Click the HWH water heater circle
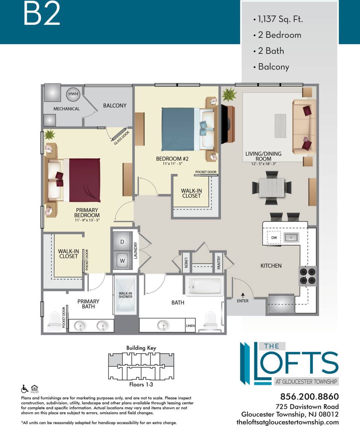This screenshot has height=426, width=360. [x=72, y=94]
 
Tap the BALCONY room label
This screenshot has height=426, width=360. [x=115, y=106]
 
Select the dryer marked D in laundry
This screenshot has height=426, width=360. [x=122, y=242]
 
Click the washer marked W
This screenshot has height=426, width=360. [x=122, y=261]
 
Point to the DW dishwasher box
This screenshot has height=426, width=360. [x=274, y=238]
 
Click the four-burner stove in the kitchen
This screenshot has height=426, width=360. [x=308, y=276]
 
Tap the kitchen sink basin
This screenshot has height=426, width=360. [x=291, y=238]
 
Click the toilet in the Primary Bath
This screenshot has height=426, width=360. [x=55, y=319]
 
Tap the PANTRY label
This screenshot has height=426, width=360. [x=219, y=262]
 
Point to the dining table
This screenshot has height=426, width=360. [x=272, y=187]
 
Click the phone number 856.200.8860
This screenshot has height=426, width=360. [x=309, y=396]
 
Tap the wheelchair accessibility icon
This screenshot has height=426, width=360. [x=25, y=388]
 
